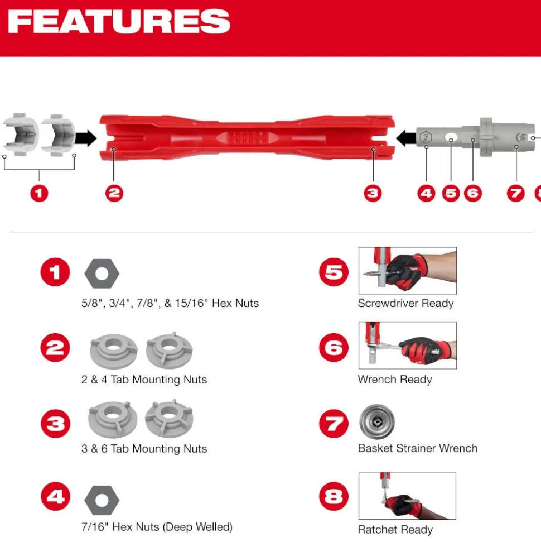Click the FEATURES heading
coord(119,21)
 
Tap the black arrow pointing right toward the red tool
coord(86,138)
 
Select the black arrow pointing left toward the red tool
coord(406,138)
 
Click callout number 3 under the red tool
coord(373,193)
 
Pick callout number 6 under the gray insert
coord(472,193)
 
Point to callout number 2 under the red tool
coord(114,193)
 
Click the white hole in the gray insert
coord(450,138)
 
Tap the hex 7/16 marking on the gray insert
coord(426,137)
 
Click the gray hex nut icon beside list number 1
coord(102,274)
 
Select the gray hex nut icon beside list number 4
coord(102,500)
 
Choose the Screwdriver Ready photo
coord(408,271)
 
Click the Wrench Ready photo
coord(408,346)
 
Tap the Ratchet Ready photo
coord(407,496)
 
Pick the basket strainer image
coord(377,421)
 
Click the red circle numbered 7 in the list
coord(334,424)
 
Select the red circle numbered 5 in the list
coord(334,272)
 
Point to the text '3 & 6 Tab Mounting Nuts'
coord(144,449)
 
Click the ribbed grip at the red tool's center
coord(247,138)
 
